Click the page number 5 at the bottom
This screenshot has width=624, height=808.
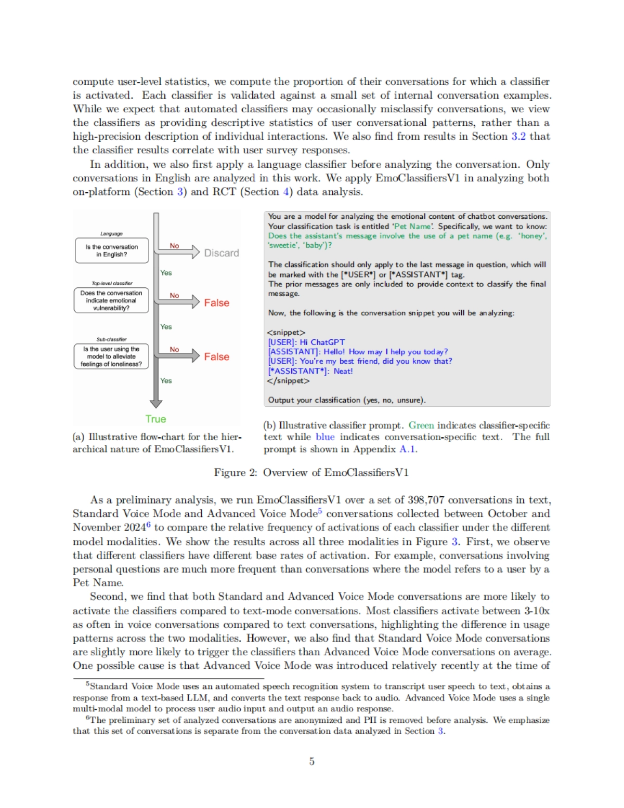point(311,761)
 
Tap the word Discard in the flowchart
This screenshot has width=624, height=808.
point(222,253)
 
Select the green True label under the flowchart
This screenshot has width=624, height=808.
point(155,419)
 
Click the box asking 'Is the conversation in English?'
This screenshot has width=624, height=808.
point(111,250)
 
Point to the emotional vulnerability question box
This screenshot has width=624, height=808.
point(111,300)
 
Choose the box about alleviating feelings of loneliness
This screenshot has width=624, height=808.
point(111,356)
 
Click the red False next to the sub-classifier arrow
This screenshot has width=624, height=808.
point(216,356)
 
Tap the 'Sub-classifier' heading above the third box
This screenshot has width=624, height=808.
point(111,339)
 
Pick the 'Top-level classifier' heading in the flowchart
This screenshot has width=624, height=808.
point(112,283)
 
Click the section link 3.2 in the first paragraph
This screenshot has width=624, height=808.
point(518,136)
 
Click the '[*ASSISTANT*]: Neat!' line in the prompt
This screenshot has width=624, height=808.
point(310,371)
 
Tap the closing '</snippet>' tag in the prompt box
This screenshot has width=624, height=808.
point(288,381)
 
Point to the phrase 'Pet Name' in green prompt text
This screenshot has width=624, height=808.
point(413,226)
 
